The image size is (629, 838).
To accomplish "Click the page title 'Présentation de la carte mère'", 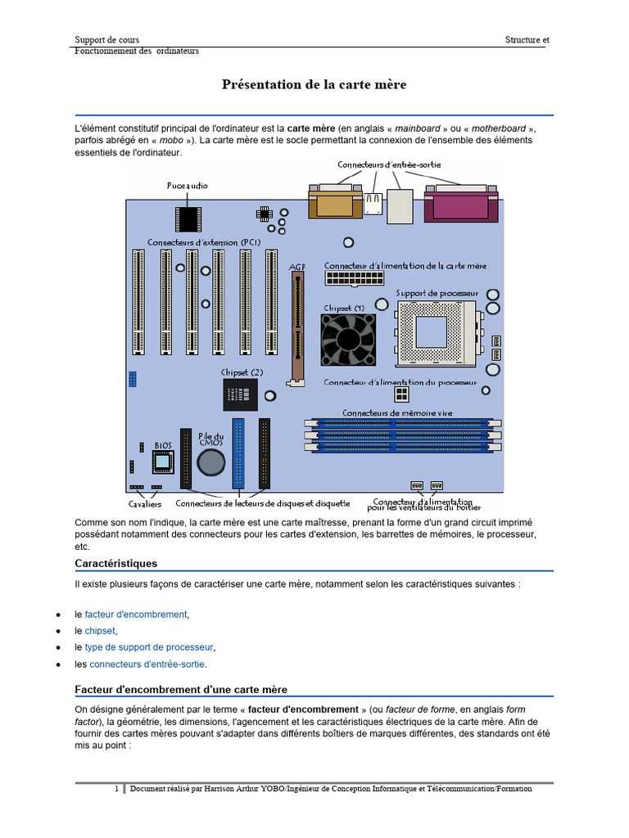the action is pyautogui.click(x=314, y=84).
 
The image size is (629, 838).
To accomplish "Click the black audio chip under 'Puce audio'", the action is pyautogui.click(x=188, y=219).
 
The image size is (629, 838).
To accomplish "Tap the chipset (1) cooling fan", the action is pyautogui.click(x=348, y=340).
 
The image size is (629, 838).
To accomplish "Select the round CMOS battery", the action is pyautogui.click(x=210, y=462).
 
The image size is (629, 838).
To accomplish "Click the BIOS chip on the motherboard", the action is pyautogui.click(x=163, y=462).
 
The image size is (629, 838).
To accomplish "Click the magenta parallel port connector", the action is pyautogui.click(x=461, y=204).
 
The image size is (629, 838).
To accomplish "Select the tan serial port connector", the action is pyautogui.click(x=335, y=201).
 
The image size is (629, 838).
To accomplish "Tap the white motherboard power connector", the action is pyautogui.click(x=355, y=278).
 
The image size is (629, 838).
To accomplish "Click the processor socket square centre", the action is pyautogui.click(x=431, y=332).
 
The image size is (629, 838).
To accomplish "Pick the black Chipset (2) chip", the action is pyautogui.click(x=240, y=394).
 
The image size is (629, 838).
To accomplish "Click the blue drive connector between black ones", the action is pyautogui.click(x=238, y=453).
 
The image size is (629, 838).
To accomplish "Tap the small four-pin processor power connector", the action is pyautogui.click(x=401, y=394).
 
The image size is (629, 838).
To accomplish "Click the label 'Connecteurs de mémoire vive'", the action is pyautogui.click(x=397, y=413).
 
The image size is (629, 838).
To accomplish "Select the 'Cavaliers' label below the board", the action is pyautogui.click(x=144, y=504).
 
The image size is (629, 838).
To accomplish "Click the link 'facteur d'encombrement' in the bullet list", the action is pyautogui.click(x=136, y=615).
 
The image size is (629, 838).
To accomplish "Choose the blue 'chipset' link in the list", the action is pyautogui.click(x=100, y=631).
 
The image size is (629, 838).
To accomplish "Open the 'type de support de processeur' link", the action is pyautogui.click(x=149, y=648).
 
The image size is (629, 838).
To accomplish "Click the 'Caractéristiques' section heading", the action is pyautogui.click(x=116, y=564).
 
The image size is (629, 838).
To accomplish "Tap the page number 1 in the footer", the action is pyautogui.click(x=116, y=788).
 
